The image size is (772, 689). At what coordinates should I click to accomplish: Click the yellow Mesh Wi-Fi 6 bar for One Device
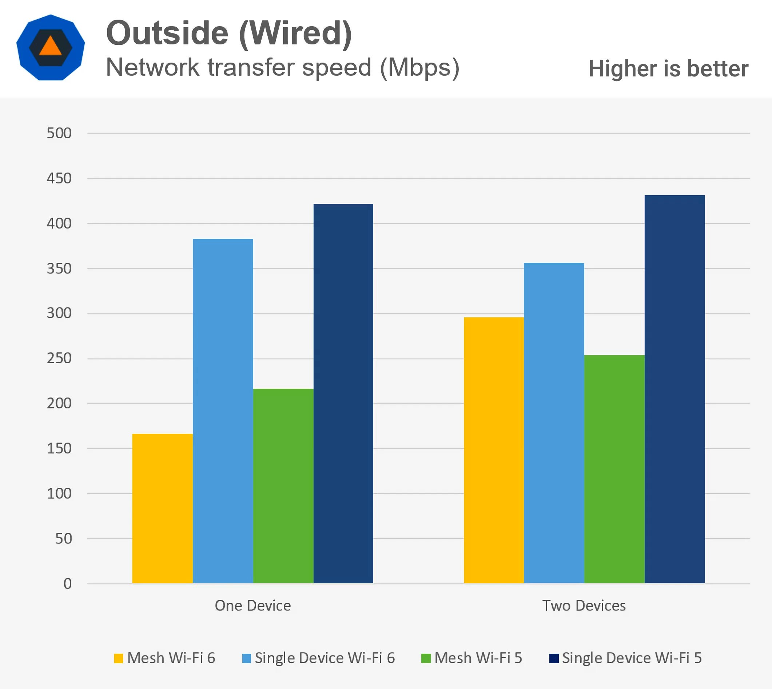pyautogui.click(x=162, y=508)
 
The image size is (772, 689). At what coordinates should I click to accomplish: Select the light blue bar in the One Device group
pyautogui.click(x=223, y=411)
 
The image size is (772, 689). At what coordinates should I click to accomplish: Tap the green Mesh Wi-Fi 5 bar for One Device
pyautogui.click(x=283, y=486)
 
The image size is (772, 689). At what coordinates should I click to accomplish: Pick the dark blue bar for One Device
pyautogui.click(x=343, y=393)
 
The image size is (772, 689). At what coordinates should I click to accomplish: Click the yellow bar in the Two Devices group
pyautogui.click(x=494, y=450)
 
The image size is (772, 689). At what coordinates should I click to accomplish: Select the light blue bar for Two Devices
pyautogui.click(x=554, y=423)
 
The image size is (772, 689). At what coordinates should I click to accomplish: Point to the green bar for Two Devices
pyautogui.click(x=614, y=469)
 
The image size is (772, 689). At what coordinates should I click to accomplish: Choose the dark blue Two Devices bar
pyautogui.click(x=674, y=389)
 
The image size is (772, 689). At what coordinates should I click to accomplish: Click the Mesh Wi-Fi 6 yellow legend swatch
pyautogui.click(x=119, y=658)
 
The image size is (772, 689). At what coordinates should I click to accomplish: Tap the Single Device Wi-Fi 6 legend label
pyautogui.click(x=325, y=658)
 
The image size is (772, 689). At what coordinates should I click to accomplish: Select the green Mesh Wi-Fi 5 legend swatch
pyautogui.click(x=426, y=658)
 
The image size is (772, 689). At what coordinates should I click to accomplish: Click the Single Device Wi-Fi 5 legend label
pyautogui.click(x=632, y=658)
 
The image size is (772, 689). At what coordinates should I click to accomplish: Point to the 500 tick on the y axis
pyautogui.click(x=59, y=133)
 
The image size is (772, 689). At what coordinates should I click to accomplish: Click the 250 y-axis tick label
pyautogui.click(x=59, y=358)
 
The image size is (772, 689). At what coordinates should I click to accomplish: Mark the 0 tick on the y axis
pyautogui.click(x=67, y=583)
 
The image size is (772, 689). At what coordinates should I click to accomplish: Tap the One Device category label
pyautogui.click(x=253, y=606)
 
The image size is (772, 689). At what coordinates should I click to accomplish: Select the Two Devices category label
pyautogui.click(x=584, y=606)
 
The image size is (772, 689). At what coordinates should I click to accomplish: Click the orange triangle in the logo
pyautogui.click(x=50, y=46)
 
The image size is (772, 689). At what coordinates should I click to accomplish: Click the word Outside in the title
pyautogui.click(x=167, y=33)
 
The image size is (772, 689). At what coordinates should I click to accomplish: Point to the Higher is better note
pyautogui.click(x=668, y=69)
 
